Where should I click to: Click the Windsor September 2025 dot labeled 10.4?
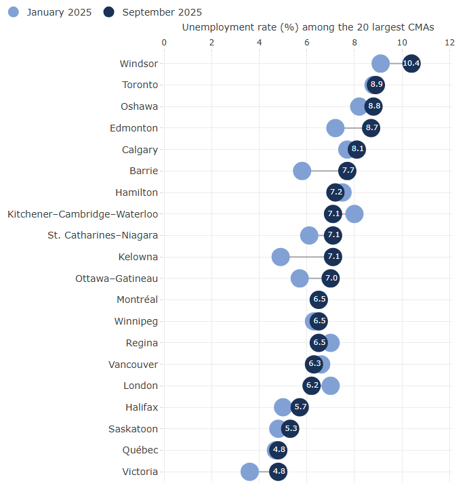[411, 64]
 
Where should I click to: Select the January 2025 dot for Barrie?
[302, 171]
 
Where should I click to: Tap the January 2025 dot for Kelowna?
[281, 257]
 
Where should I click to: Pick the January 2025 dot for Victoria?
[249, 472]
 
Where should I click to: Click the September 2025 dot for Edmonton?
[371, 128]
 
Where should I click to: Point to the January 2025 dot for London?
[331, 386]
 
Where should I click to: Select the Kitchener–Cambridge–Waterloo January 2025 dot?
[354, 214]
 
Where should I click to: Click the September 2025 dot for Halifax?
[300, 407]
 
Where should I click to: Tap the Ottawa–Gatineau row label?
[117, 279]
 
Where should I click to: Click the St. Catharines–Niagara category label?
[103, 235]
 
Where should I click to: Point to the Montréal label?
[138, 300]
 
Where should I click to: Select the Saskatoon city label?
[133, 429]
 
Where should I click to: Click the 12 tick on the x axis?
[449, 42]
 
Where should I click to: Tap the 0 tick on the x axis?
[164, 42]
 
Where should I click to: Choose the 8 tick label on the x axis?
[354, 42]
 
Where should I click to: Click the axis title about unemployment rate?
[308, 27]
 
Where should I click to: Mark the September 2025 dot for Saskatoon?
[290, 429]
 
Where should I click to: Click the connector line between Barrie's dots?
[325, 171]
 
